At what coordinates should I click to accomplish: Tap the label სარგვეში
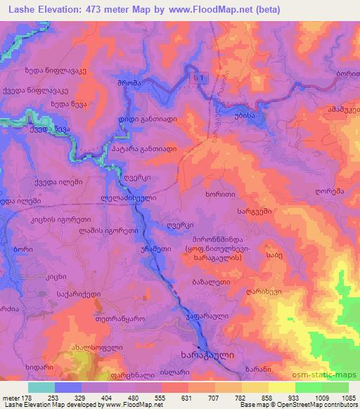[255, 209]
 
